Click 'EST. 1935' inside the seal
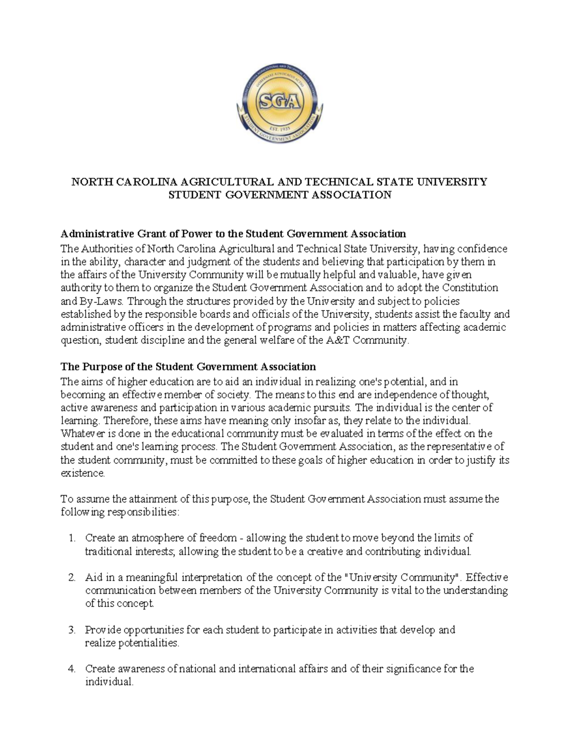[279, 129]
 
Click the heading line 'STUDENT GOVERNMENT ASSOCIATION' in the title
[279, 195]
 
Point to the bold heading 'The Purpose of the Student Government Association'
[188, 367]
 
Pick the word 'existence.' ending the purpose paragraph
[83, 473]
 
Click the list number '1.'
[72, 538]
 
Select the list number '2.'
[72, 578]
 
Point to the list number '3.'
[72, 630]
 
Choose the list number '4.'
[72, 669]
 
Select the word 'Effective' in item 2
[487, 578]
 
